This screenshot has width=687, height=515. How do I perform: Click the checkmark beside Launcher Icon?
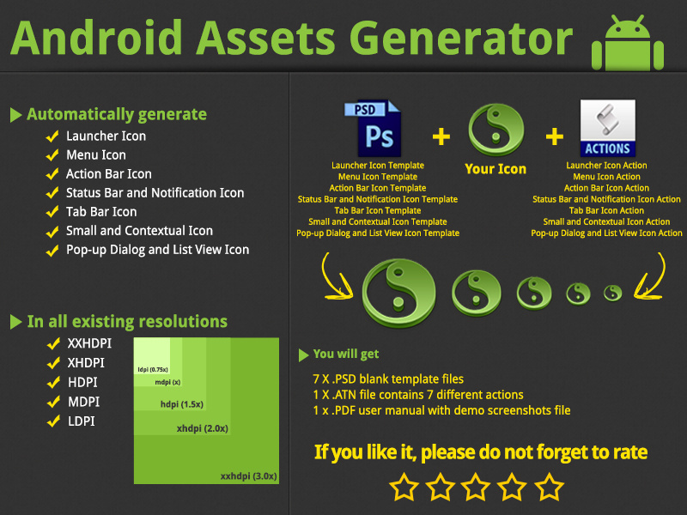tap(52, 136)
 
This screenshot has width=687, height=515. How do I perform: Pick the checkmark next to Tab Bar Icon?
tap(52, 211)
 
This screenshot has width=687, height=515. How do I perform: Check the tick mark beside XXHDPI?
tap(52, 343)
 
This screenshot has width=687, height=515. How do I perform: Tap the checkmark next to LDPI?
tap(52, 421)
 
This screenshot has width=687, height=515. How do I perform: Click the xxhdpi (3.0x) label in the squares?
tap(248, 475)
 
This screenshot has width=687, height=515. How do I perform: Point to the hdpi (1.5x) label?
tap(181, 403)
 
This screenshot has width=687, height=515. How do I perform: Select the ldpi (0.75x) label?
tap(152, 369)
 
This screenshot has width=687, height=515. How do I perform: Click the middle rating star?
tap(476, 487)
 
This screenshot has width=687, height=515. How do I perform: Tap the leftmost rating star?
tap(404, 487)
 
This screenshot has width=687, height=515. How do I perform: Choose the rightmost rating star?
tap(549, 487)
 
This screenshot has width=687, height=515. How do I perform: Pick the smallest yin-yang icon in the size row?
tap(612, 293)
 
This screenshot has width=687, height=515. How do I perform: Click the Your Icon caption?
tap(495, 169)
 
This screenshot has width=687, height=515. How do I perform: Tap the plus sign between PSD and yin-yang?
tap(441, 136)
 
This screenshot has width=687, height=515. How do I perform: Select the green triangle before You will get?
tap(303, 354)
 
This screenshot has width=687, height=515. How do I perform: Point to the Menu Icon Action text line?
tap(606, 177)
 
